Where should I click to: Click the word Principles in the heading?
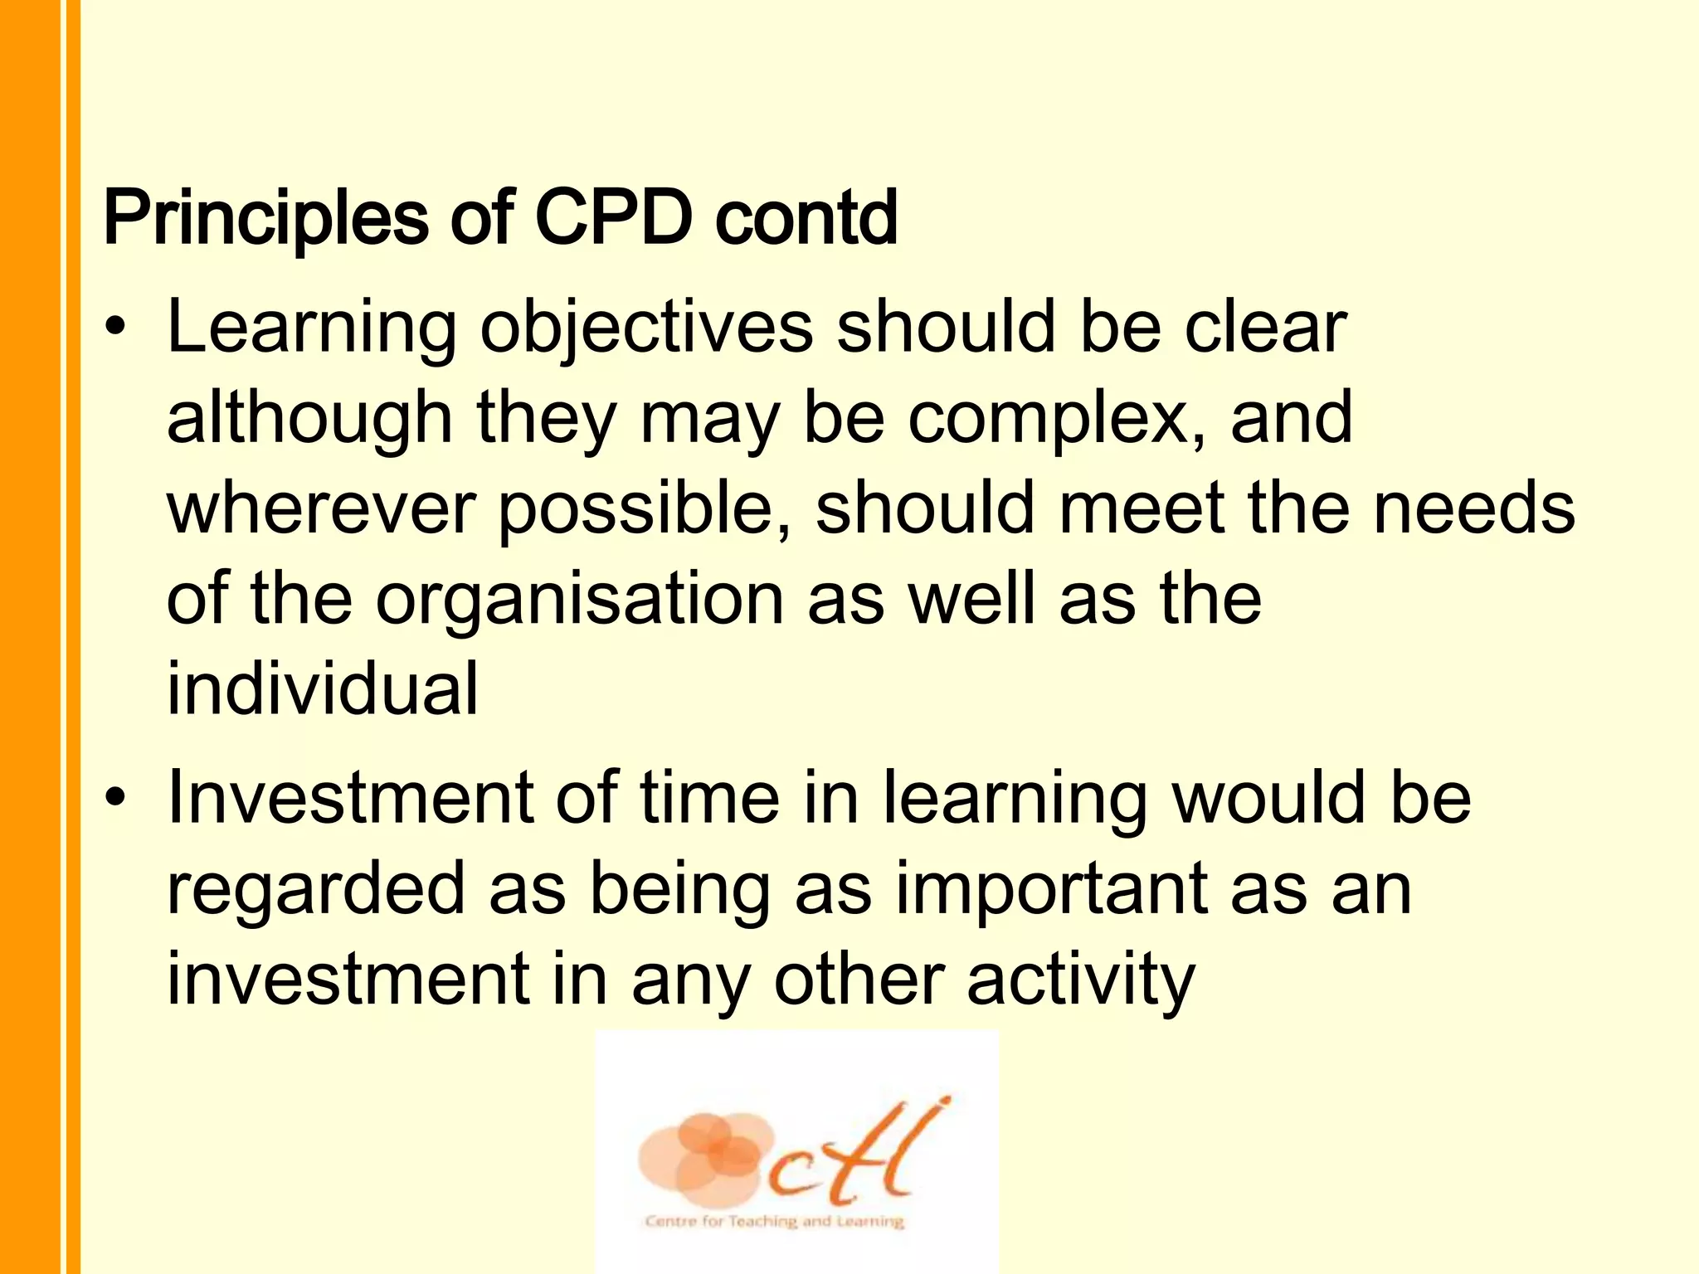pos(265,219)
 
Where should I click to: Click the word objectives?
pos(646,328)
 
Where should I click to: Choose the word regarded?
pos(316,889)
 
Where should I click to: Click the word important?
pos(1050,889)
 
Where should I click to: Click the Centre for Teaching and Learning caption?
pos(773,1221)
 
